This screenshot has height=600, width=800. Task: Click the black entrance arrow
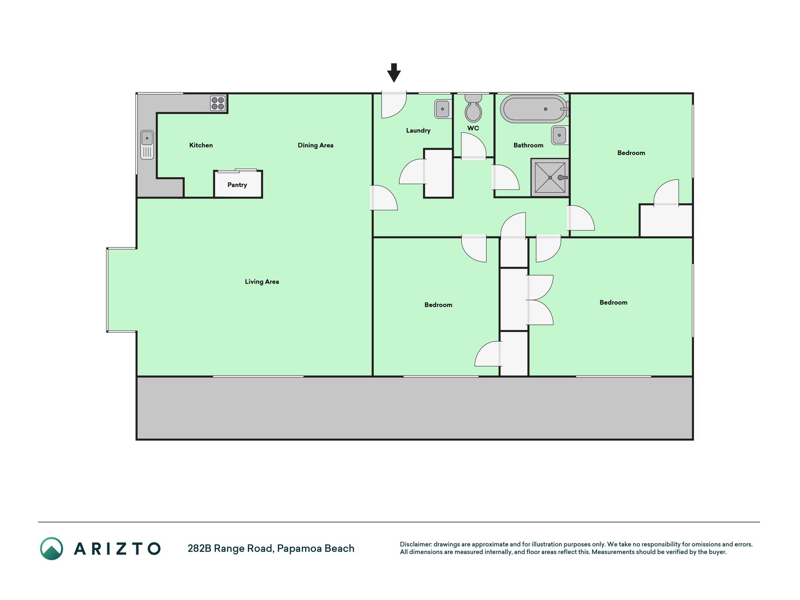[x=394, y=73]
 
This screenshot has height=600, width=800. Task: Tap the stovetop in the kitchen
[x=218, y=103]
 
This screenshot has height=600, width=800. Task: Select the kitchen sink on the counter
[x=147, y=145]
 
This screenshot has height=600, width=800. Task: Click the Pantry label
[x=237, y=185]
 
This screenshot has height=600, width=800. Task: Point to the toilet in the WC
[x=473, y=108]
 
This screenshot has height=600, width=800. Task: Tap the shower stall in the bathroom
[x=550, y=177]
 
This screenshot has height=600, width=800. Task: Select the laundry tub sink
[x=442, y=109]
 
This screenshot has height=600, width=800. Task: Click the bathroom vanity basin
[x=559, y=135]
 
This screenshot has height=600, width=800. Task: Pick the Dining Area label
[x=315, y=145]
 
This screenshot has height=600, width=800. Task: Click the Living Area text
[x=262, y=282]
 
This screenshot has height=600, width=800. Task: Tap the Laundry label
[x=418, y=130]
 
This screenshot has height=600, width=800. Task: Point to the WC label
[x=473, y=128]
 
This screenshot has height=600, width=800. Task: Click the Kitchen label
[x=201, y=145]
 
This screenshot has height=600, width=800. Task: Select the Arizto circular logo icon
[x=52, y=548]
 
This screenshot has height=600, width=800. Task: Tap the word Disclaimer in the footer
[x=415, y=544]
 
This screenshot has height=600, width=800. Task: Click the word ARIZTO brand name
[x=117, y=548]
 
